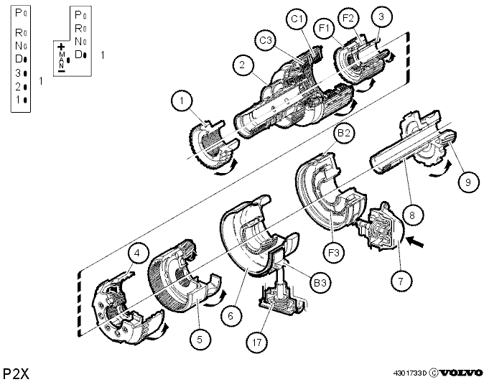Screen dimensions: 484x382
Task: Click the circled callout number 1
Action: click(182, 101)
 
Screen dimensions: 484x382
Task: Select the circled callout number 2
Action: click(242, 65)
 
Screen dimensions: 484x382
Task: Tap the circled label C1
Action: click(297, 19)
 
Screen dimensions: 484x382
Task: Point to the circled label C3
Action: click(266, 40)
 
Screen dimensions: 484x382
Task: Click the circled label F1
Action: click(325, 29)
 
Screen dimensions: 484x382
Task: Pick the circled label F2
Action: click(348, 18)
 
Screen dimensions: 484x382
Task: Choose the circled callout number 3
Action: click(381, 17)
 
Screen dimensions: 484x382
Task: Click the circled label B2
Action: click(343, 133)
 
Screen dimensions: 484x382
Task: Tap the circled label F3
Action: click(334, 253)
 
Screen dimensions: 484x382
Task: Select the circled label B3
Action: click(320, 282)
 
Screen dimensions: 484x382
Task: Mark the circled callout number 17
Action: click(257, 343)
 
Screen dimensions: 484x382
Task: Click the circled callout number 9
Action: click(468, 182)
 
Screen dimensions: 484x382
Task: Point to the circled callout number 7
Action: click(401, 281)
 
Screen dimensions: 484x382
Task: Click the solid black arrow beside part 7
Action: click(416, 241)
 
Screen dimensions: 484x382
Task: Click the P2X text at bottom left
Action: click(16, 374)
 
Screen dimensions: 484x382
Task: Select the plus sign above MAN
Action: click(62, 47)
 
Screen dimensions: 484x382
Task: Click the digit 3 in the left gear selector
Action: click(18, 73)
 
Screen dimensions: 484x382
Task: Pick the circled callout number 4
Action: click(137, 253)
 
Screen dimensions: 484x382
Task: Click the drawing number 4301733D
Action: click(409, 373)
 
